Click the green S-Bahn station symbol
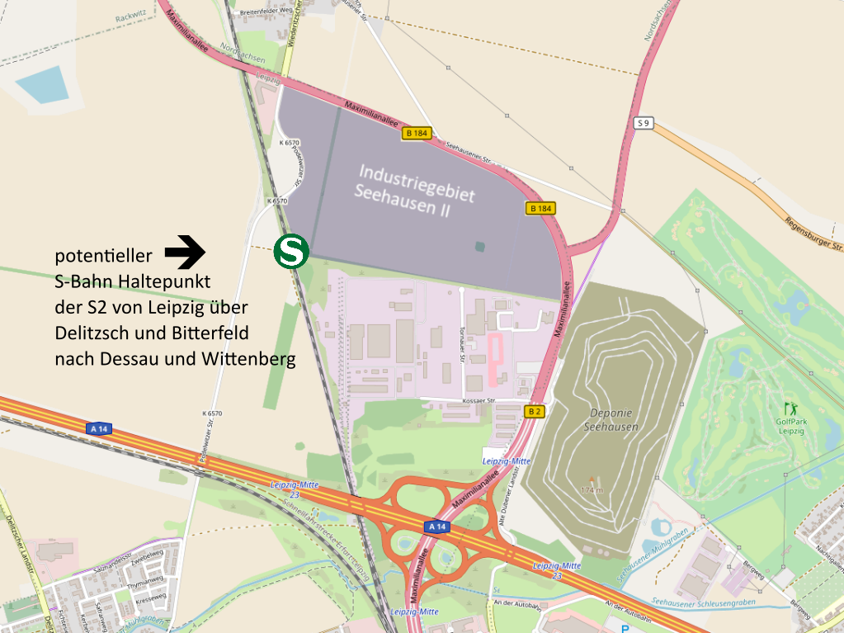click(x=291, y=251)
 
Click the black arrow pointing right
click(x=185, y=252)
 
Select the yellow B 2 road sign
click(x=534, y=411)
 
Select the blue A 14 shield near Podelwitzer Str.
click(x=99, y=428)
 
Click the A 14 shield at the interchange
click(x=437, y=526)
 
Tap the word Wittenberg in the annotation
click(x=252, y=360)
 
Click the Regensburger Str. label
click(x=813, y=232)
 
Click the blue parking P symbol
click(x=625, y=627)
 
